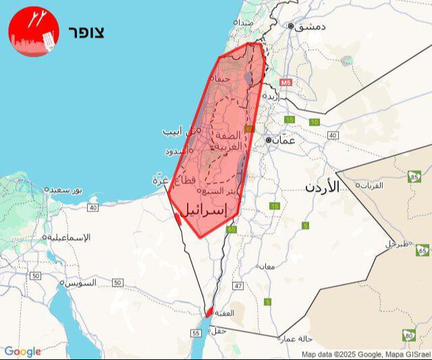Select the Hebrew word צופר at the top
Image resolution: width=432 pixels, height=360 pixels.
pos(86,32)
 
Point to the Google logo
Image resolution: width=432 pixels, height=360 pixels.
pos(22,351)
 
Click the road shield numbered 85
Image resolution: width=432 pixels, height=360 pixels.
pos(414,178)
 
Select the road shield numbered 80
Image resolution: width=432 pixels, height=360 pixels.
pos(408,335)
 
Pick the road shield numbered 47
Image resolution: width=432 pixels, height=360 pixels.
pos(238,286)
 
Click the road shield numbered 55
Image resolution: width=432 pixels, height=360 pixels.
pos(196,334)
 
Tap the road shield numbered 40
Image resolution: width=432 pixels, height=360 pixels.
pos(333,135)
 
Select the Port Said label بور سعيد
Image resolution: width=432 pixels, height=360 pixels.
pos(65,190)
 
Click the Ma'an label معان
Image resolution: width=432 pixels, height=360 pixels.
pos(265,266)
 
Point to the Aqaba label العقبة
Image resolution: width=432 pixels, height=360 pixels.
pos(225,313)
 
